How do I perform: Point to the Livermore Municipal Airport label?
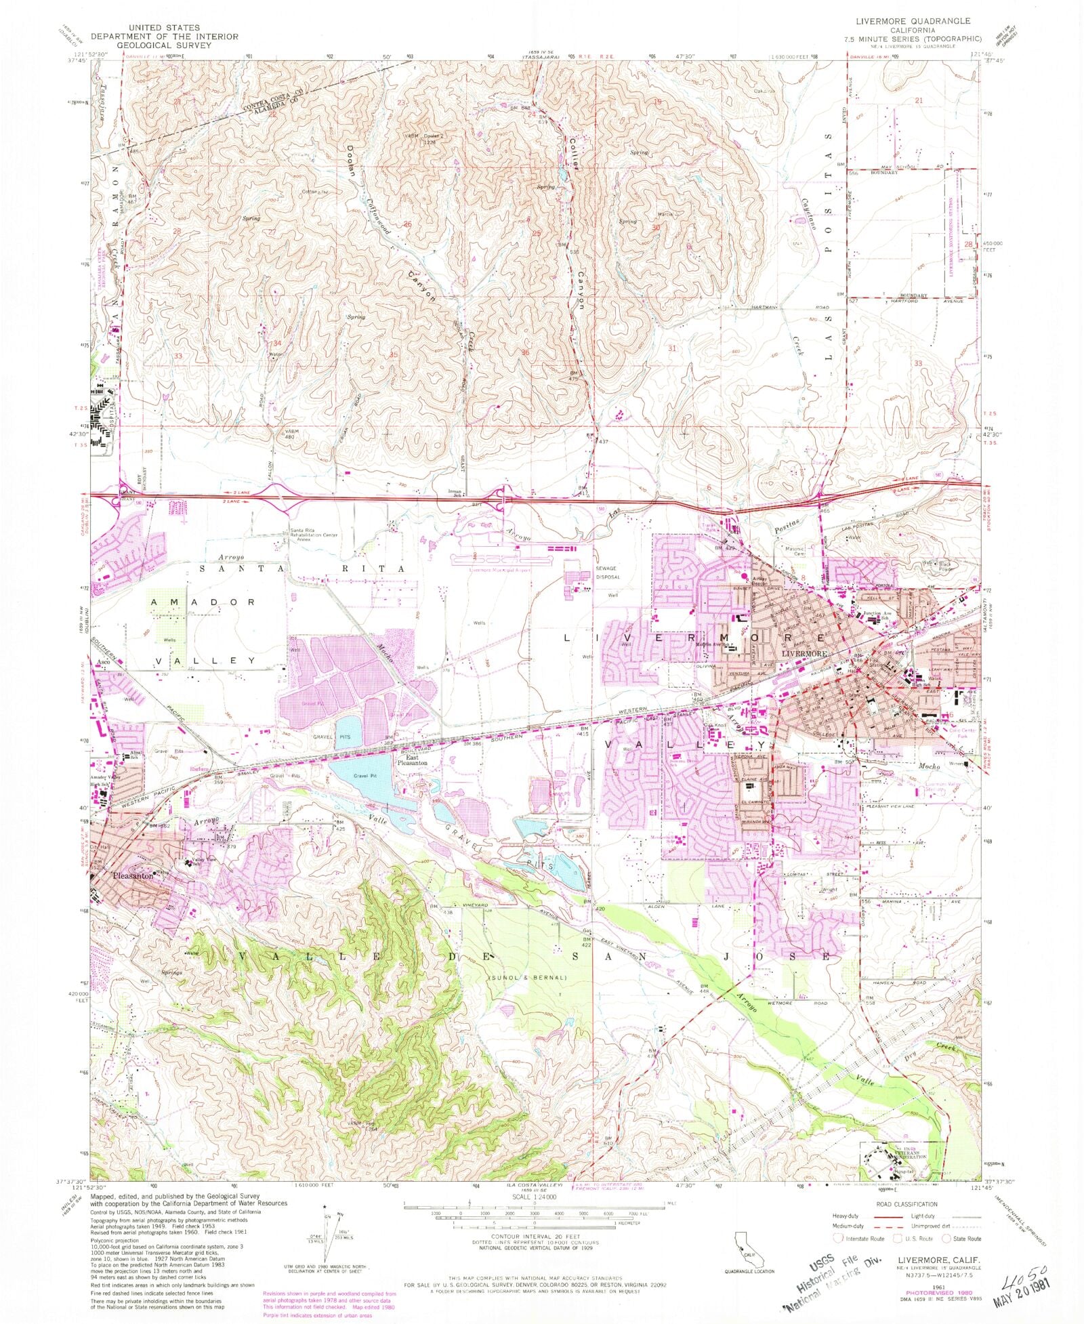click(492, 570)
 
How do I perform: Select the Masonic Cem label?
click(790, 551)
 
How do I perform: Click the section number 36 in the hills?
click(525, 352)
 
